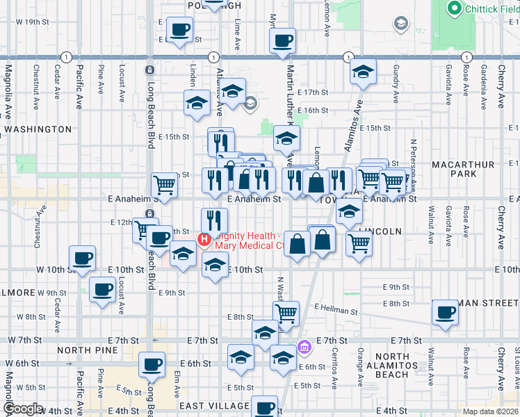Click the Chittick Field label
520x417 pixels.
point(485,8)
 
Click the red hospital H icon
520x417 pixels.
point(204,240)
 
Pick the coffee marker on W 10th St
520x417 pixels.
point(83,258)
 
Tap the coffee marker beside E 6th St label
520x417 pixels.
point(152,363)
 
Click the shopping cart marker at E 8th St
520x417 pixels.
point(286,313)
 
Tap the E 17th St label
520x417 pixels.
point(312,92)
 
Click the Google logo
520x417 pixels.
point(24,409)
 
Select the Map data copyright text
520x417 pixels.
point(490,411)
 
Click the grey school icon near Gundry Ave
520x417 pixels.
point(400,25)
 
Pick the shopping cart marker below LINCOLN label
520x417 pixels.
point(359,244)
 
